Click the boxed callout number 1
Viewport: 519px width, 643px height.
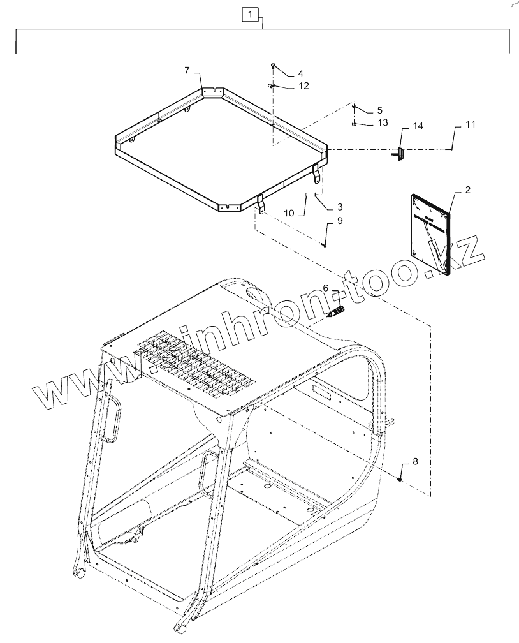pyautogui.click(x=251, y=13)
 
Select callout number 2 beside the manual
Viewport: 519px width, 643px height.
pyautogui.click(x=467, y=190)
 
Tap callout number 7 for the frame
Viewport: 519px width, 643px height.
pyautogui.click(x=187, y=69)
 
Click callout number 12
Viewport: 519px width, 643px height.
pyautogui.click(x=303, y=85)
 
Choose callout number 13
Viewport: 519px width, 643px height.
pyautogui.click(x=382, y=122)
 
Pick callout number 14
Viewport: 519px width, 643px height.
pyautogui.click(x=418, y=127)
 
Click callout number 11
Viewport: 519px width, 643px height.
pyautogui.click(x=470, y=124)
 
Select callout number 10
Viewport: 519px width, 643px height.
pyautogui.click(x=289, y=213)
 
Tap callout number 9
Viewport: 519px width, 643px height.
pyautogui.click(x=340, y=221)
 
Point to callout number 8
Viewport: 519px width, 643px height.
pyautogui.click(x=416, y=461)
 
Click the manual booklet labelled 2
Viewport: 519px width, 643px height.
pyautogui.click(x=430, y=233)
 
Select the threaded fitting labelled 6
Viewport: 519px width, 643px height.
pyautogui.click(x=335, y=313)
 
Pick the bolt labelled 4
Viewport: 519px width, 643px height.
pyautogui.click(x=273, y=66)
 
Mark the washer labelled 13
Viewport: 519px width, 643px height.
pyautogui.click(x=353, y=124)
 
